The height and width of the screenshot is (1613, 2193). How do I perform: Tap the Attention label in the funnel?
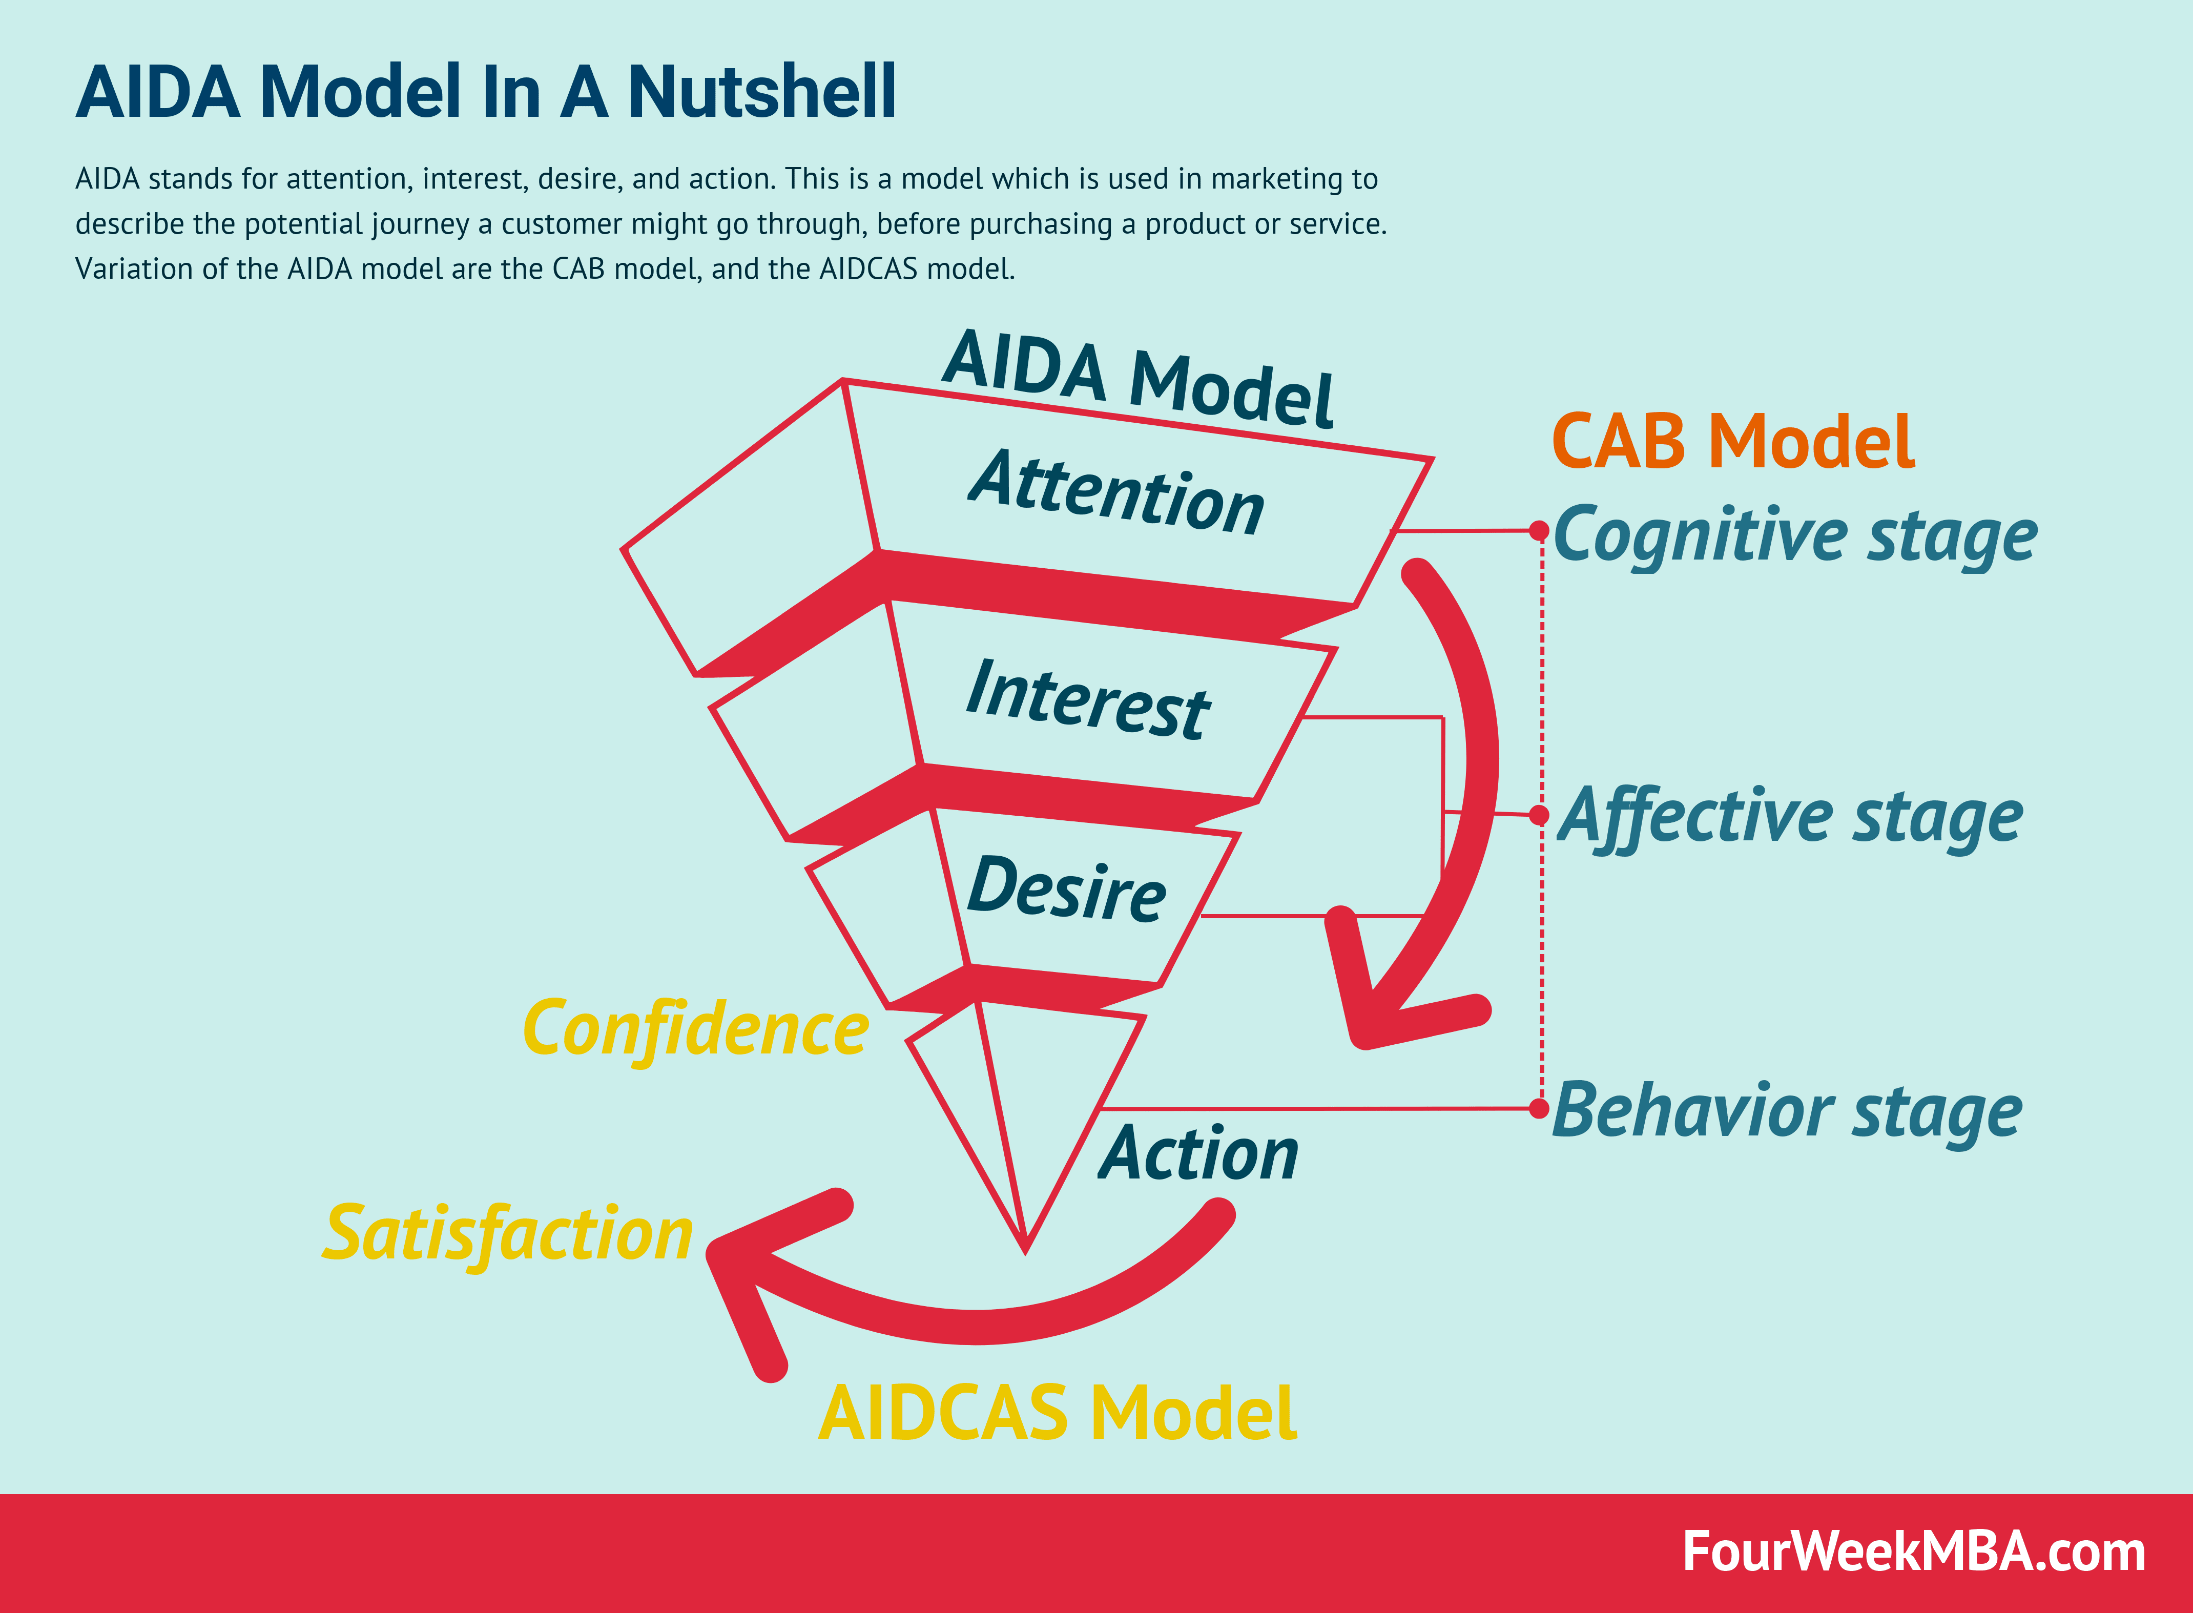pos(1117,493)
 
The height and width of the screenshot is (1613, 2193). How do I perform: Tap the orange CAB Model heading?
pos(1733,441)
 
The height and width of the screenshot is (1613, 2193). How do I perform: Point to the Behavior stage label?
pos(1787,1111)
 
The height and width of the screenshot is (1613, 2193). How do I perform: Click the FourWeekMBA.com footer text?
pos(1914,1553)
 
